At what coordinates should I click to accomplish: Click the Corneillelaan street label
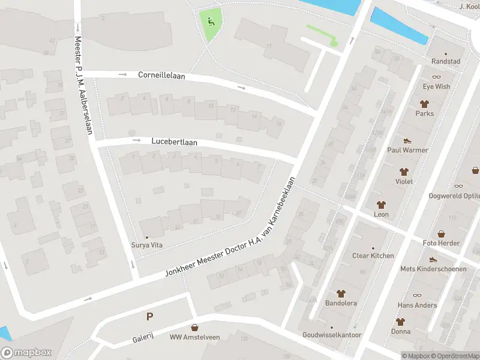click(x=161, y=76)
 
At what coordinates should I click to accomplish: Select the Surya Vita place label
click(x=147, y=245)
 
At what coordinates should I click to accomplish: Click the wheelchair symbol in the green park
click(x=211, y=22)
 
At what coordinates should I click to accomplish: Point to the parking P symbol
click(x=149, y=316)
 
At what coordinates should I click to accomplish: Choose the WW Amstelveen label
click(x=195, y=337)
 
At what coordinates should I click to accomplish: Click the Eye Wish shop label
click(x=436, y=86)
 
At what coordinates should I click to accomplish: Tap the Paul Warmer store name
click(x=407, y=150)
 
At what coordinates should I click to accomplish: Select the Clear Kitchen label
click(x=373, y=256)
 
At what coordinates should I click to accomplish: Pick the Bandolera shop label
click(x=341, y=303)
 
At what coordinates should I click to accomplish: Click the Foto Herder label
click(x=441, y=243)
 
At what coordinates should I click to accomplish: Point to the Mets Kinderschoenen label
click(x=433, y=269)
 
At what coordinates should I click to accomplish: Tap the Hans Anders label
click(x=417, y=305)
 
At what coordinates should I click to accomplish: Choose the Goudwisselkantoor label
click(x=332, y=335)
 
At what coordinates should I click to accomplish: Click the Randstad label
click(x=446, y=62)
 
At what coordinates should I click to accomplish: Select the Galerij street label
click(x=144, y=340)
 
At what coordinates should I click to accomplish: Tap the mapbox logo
click(x=26, y=353)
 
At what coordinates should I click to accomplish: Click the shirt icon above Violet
click(x=404, y=172)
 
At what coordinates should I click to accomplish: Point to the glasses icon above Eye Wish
click(x=436, y=77)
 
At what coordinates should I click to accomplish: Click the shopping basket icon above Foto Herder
click(x=441, y=233)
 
